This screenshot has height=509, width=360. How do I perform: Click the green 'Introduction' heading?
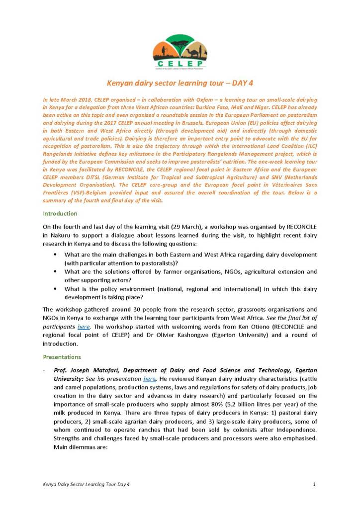click(60, 213)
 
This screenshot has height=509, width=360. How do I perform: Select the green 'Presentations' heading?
click(62, 356)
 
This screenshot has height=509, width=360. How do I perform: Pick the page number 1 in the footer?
click(315, 484)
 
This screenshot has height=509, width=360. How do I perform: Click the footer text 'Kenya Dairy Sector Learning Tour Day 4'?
click(87, 484)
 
